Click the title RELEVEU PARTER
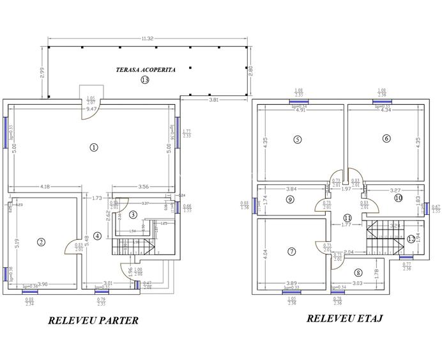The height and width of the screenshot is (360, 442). point(93,320)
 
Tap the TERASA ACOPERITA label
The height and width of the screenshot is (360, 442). point(145,68)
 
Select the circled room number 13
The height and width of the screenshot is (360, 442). point(145,80)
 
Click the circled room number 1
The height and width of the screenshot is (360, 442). point(94,147)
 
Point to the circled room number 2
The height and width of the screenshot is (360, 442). point(42,242)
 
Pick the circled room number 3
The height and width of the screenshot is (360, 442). point(132,214)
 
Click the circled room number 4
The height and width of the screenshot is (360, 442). point(97,235)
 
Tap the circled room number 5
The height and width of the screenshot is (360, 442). point(297,139)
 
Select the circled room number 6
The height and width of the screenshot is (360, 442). point(386,138)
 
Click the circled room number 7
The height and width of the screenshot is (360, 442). point(292,251)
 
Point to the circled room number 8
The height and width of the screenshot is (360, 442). point(358,273)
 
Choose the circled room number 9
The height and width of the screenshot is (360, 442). point(290,200)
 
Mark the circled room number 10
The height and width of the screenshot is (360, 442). point(399,198)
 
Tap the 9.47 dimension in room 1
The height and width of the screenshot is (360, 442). point(92,109)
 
